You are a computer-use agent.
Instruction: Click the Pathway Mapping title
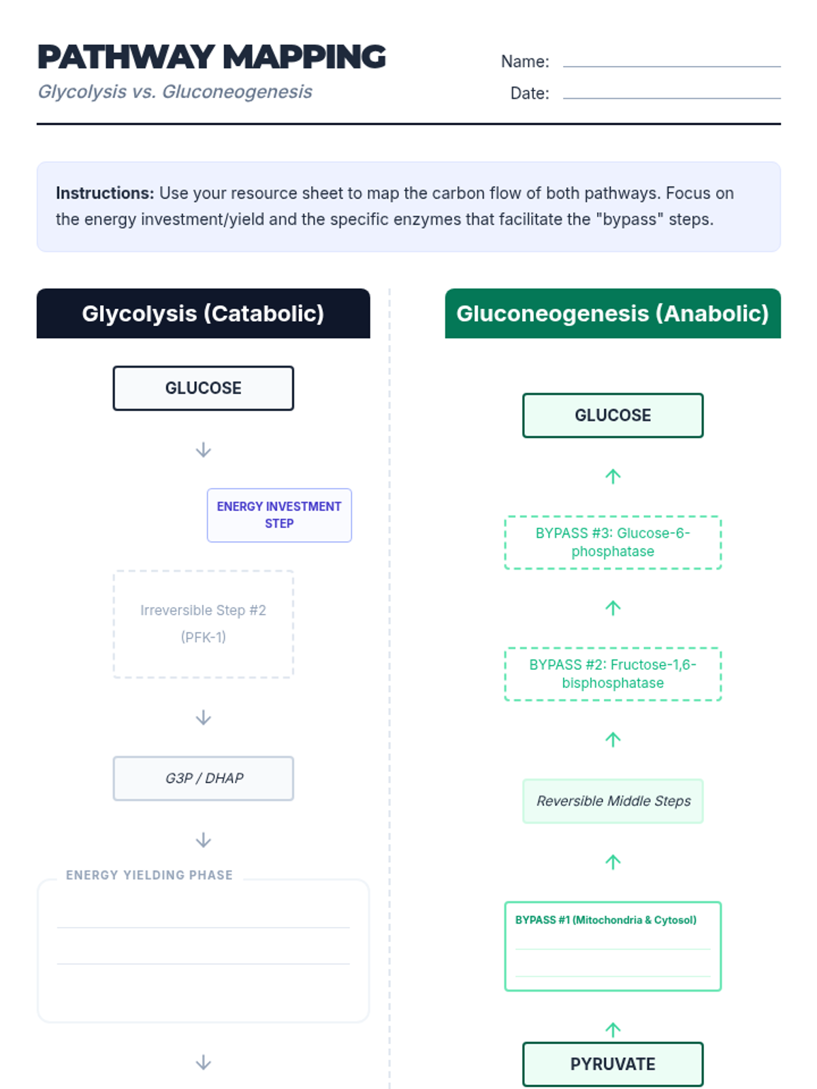(211, 57)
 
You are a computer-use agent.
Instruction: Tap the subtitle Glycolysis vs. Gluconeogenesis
(175, 92)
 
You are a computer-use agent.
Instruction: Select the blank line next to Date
(671, 95)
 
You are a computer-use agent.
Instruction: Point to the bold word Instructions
(105, 193)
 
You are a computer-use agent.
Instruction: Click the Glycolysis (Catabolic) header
(203, 314)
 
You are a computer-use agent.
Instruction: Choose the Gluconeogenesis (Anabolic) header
(612, 314)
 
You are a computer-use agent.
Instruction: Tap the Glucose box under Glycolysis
(203, 388)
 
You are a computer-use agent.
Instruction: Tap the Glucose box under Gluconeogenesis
(612, 415)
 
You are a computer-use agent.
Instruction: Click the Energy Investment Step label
(279, 515)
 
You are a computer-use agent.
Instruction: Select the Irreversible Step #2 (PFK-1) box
(203, 623)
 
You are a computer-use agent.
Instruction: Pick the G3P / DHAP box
(203, 778)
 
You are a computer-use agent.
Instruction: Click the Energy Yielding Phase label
(149, 875)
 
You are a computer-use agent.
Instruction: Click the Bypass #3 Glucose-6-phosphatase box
(612, 542)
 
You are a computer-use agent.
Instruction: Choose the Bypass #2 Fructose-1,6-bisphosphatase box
(612, 674)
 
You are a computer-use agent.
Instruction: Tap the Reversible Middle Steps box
(612, 801)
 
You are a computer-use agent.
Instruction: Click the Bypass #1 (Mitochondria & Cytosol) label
(605, 920)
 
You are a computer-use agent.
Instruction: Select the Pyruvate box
(612, 1064)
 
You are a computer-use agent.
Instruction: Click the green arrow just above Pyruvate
(613, 1030)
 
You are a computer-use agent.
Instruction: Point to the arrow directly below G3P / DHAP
(203, 841)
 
